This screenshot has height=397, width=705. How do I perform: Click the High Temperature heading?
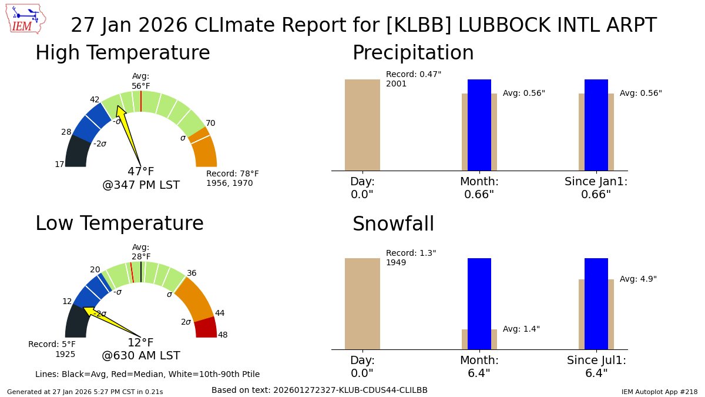(122, 53)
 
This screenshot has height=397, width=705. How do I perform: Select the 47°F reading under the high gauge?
(141, 172)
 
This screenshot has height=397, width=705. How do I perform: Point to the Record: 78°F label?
(232, 178)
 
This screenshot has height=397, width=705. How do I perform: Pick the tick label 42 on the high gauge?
(95, 99)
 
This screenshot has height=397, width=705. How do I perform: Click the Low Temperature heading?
(119, 223)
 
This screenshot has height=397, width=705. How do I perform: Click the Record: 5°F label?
(52, 349)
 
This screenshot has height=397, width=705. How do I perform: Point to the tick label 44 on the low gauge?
(220, 313)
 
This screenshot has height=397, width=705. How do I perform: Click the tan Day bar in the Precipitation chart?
(362, 125)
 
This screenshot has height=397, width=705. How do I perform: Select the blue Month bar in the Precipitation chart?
(479, 125)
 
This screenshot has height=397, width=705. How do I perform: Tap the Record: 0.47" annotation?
(414, 79)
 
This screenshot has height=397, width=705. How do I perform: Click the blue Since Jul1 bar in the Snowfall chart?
(596, 303)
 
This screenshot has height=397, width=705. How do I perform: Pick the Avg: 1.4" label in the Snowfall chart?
(521, 329)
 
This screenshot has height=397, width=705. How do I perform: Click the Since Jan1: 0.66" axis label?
(596, 188)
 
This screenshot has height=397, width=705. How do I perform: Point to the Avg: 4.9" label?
(638, 279)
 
